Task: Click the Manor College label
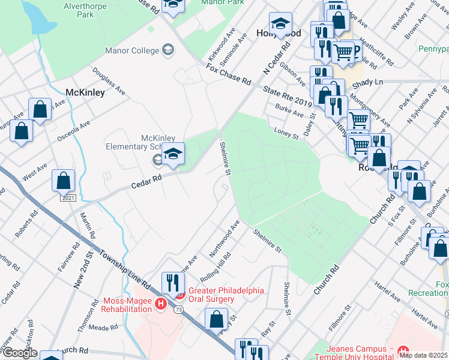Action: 131,50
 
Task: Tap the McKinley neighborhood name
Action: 85,93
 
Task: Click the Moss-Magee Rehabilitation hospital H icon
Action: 161,304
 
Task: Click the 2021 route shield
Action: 68,197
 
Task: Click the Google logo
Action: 19,353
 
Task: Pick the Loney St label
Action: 286,133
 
